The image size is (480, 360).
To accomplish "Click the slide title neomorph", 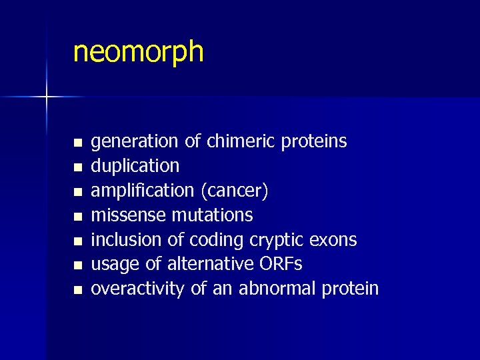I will coord(138,51).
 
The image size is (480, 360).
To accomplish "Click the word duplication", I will coord(135,166).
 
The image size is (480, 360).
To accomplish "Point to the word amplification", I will coord(143,191).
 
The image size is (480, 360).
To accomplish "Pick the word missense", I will coord(129,215).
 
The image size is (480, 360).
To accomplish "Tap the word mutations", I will coord(213,215).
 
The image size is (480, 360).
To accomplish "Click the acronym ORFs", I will coord(279,264).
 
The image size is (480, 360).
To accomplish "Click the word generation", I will coord(134,142).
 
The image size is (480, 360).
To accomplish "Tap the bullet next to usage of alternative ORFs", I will coord(77,265).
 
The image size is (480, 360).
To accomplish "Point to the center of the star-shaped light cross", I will coord(47,97).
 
